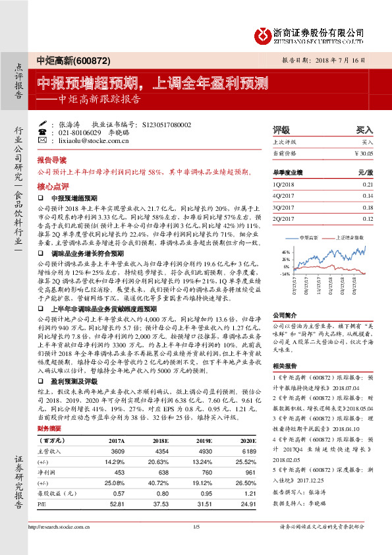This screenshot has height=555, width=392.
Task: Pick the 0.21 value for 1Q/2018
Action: [367, 185]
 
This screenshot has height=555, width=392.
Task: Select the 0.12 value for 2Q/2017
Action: [367, 217]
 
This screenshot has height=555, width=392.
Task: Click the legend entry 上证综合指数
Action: [348, 236]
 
